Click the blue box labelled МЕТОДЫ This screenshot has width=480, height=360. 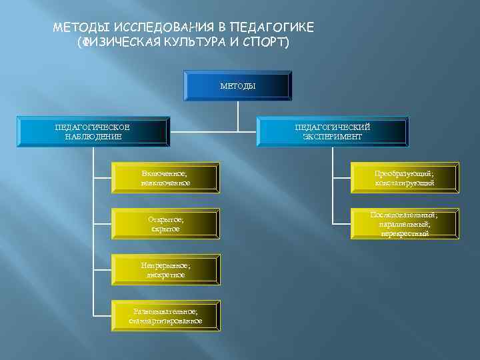tap(238, 87)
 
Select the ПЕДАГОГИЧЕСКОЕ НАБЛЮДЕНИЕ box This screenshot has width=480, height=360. tap(93, 132)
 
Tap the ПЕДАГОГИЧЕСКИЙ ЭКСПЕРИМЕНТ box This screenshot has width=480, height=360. tap(332, 132)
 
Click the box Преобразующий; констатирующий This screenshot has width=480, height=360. tap(405, 177)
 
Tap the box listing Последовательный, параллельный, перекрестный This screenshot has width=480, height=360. tap(405, 224)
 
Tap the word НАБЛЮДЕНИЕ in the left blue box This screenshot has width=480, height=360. tap(93, 137)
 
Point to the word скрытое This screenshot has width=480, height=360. tap(165, 229)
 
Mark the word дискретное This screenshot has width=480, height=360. tap(165, 275)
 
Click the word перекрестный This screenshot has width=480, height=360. tap(405, 234)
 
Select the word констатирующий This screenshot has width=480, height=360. tap(405, 183)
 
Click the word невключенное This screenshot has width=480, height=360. tap(165, 183)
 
